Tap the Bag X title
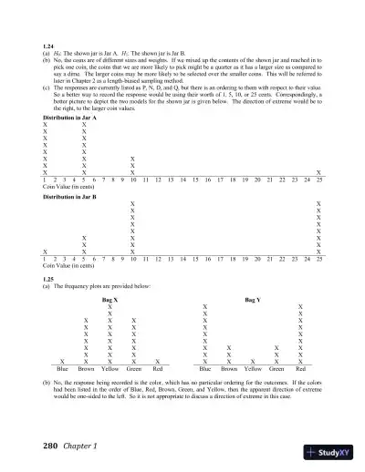tap(109, 298)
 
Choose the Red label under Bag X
tap(158, 369)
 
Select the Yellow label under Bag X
tap(110, 369)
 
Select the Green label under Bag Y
tap(276, 369)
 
